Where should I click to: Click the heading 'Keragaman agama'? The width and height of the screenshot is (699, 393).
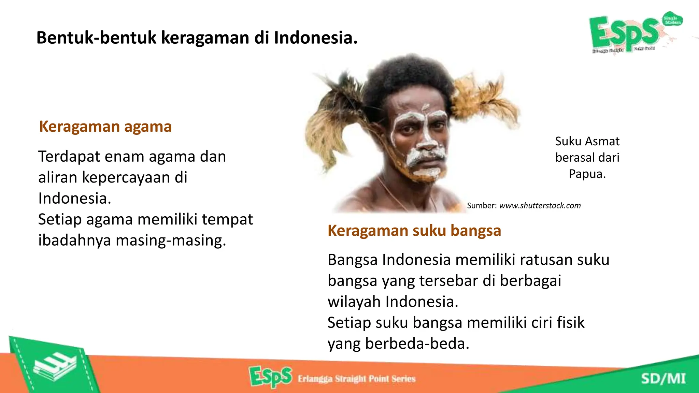point(105,127)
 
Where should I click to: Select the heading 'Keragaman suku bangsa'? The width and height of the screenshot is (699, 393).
point(414,231)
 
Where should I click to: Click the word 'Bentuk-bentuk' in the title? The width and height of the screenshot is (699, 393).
point(96,38)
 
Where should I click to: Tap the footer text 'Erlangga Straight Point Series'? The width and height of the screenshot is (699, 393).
point(356,379)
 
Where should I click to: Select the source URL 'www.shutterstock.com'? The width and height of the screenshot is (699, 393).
point(540,206)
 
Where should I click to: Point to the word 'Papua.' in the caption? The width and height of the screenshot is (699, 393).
point(587,174)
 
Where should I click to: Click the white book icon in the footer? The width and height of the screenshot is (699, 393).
point(55,367)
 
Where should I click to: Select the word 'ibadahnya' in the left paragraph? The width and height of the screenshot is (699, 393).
point(74,240)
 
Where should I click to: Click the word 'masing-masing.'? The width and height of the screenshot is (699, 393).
point(171,240)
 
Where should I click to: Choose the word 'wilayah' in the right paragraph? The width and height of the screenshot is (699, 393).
point(354,302)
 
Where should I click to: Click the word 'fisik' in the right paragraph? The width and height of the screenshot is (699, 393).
point(570,322)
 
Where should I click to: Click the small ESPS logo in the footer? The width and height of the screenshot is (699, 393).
point(270,377)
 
